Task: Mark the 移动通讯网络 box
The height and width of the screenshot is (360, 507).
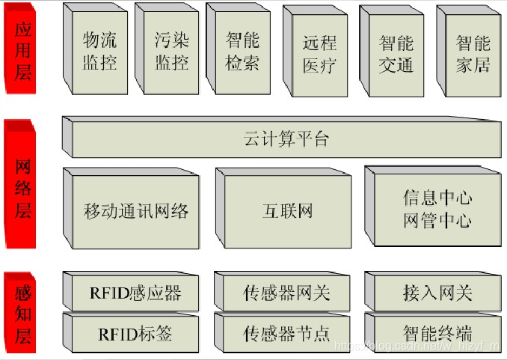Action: [135, 211]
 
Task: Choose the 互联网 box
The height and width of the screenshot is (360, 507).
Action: [287, 211]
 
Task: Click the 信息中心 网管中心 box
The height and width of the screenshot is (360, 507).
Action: [437, 210]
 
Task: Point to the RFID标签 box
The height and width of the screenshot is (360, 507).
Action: [135, 333]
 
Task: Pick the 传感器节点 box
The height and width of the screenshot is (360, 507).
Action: [286, 333]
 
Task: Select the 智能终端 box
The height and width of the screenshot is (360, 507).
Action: [437, 333]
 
